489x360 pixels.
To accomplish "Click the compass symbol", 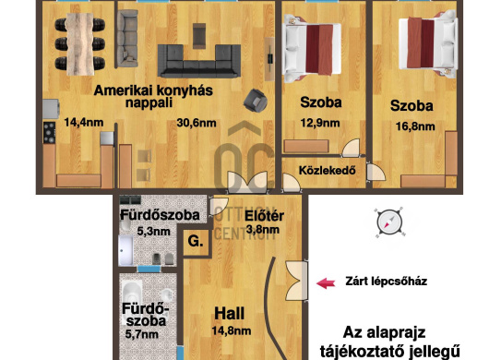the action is click(389, 222).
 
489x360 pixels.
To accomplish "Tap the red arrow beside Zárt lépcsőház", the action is click(326, 283).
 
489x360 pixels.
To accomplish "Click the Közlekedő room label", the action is click(328, 171).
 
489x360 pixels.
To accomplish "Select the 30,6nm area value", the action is click(197, 123).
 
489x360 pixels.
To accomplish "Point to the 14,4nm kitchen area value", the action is click(84, 122).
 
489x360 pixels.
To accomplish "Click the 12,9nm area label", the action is click(320, 123).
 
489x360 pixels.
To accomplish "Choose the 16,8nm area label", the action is click(415, 126).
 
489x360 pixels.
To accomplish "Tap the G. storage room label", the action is click(196, 241).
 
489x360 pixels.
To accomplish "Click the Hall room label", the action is click(229, 314).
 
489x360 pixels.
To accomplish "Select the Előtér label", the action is click(264, 216).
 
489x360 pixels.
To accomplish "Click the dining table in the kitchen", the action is click(80, 44).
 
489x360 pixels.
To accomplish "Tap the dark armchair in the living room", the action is click(256, 100).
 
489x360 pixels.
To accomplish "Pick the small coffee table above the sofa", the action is click(199, 36).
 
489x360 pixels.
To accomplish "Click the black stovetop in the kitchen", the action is click(50, 133).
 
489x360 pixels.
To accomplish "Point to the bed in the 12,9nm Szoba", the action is click(312, 49).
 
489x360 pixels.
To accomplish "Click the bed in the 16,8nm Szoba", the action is click(428, 43).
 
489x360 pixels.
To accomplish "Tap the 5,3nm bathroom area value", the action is click(153, 232).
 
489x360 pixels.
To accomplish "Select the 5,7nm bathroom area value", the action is click(142, 334).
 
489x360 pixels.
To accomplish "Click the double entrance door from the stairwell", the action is click(296, 281).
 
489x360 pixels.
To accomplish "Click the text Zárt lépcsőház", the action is click(386, 282).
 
